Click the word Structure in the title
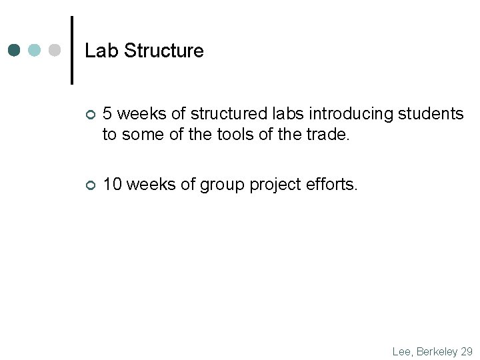click(163, 51)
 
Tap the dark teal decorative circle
click(15, 50)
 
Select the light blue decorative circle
click(35, 50)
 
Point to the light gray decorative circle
click(55, 50)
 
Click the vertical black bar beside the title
click(72, 50)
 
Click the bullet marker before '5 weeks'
click(90, 116)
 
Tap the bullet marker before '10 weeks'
click(90, 185)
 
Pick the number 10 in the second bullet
click(112, 185)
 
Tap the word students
click(430, 114)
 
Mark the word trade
click(327, 135)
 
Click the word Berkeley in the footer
click(437, 351)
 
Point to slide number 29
click(467, 351)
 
